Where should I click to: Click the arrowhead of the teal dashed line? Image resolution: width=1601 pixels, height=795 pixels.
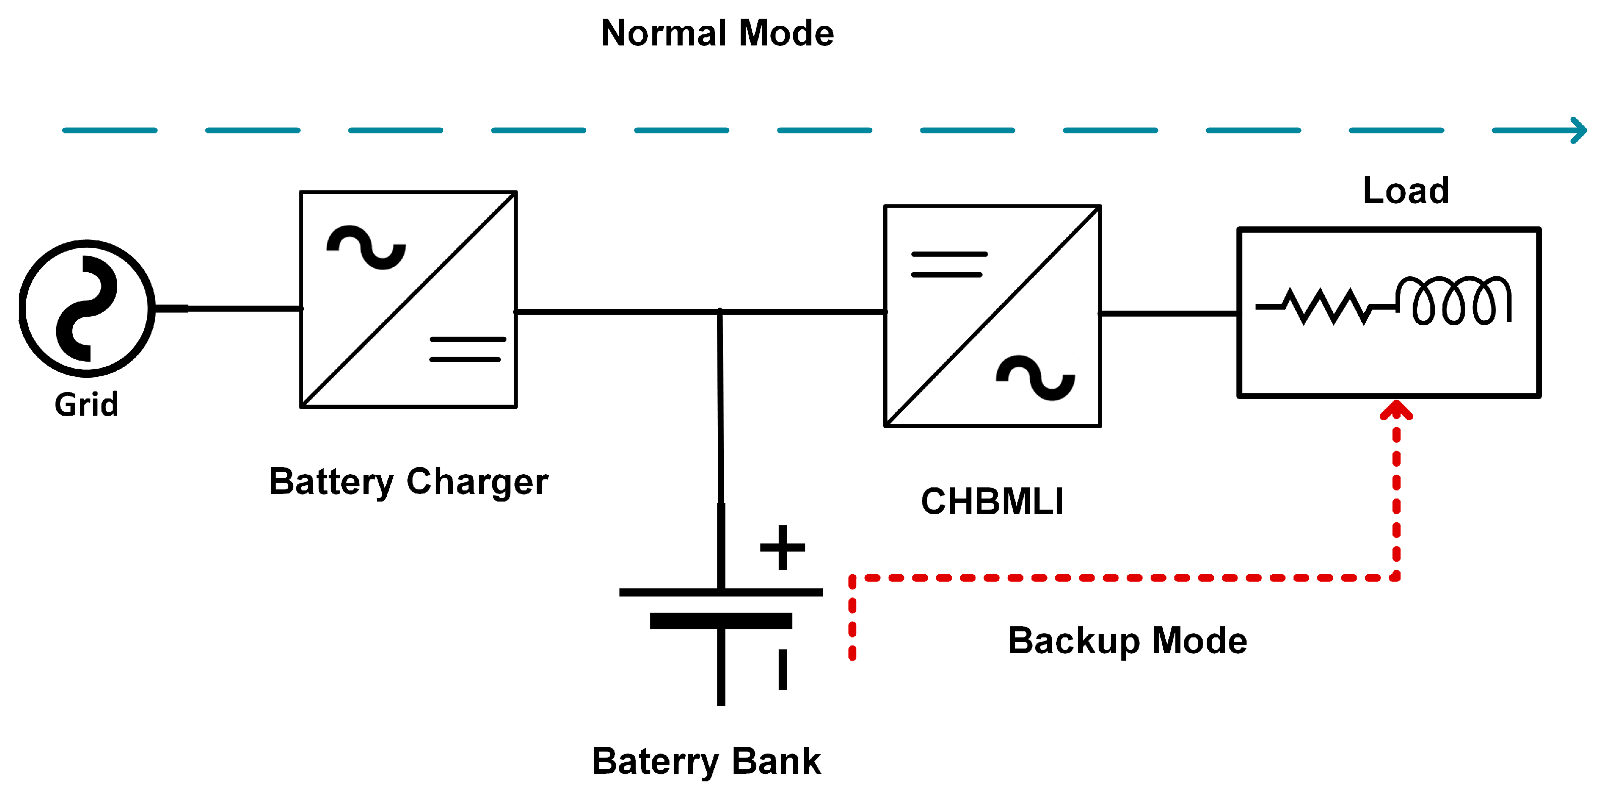[x=1579, y=130]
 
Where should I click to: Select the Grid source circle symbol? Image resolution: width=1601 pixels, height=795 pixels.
[x=87, y=308]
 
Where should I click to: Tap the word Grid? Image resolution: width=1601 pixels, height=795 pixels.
[x=86, y=405]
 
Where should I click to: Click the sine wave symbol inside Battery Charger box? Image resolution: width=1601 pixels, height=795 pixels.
[x=367, y=247]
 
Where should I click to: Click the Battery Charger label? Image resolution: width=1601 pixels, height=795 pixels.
[x=408, y=482]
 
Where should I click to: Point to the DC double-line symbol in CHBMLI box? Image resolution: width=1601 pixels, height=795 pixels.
[x=948, y=264]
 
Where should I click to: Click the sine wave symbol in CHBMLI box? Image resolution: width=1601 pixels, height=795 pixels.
[x=1036, y=378]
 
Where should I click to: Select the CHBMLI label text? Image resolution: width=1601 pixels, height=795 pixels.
[x=992, y=502]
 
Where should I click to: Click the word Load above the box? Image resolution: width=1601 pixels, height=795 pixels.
[x=1406, y=190]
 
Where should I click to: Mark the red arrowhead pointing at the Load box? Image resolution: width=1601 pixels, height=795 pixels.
[x=1397, y=410]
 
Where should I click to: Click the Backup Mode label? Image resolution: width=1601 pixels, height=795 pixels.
[x=1127, y=641]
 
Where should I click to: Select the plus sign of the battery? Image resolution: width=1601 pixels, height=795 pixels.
[x=783, y=548]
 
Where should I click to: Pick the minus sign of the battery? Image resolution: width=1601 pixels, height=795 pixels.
[x=783, y=669]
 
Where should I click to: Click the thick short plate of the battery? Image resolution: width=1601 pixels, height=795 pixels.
[x=721, y=620]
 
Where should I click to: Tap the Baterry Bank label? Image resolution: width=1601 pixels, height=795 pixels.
[x=706, y=762]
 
